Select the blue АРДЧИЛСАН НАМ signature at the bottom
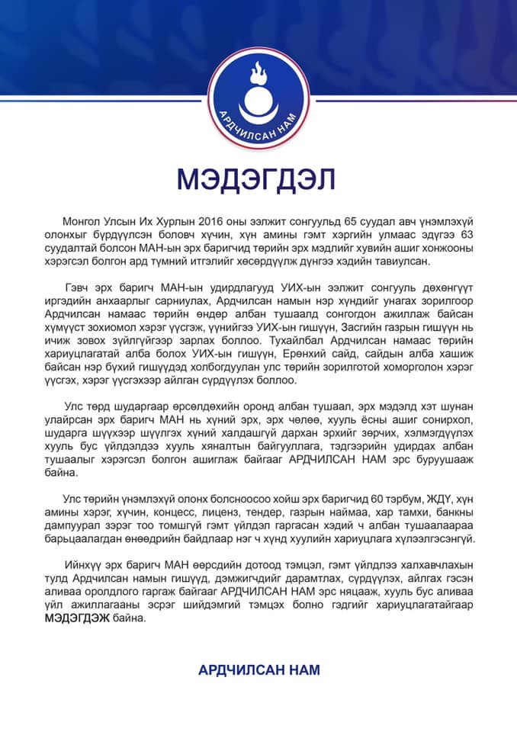[x=258, y=670]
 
